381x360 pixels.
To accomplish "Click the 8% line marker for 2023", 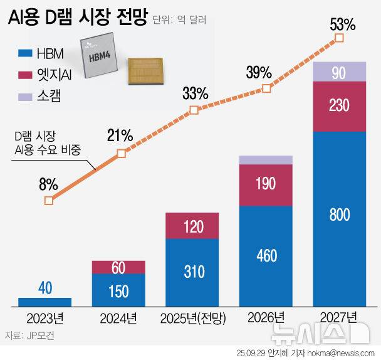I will [49, 201].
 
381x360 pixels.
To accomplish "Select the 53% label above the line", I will [342, 25].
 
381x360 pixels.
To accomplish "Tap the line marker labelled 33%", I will [194, 110].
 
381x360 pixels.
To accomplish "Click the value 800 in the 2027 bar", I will [338, 215].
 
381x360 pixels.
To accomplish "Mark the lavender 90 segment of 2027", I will [338, 72].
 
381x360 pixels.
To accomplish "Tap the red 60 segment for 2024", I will [119, 267].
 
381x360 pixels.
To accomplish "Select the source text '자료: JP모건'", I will [29, 336].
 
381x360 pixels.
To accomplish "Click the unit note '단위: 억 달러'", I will [180, 21].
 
